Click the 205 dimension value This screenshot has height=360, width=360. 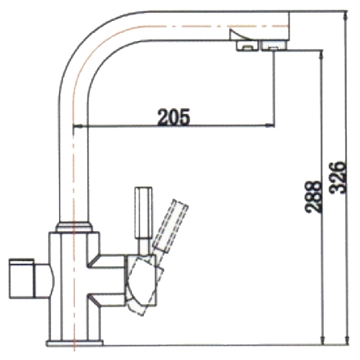[174, 117]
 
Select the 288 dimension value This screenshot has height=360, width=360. [312, 197]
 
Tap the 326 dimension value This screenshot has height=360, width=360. [338, 177]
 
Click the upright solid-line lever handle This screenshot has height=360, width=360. [143, 212]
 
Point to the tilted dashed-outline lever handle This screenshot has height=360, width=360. [171, 225]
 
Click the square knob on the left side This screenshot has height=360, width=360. [22, 279]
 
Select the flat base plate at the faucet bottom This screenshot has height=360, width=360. [75, 343]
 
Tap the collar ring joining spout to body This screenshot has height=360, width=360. [74, 227]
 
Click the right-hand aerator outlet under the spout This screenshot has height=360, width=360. [274, 45]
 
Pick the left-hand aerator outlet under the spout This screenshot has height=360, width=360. [247, 45]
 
